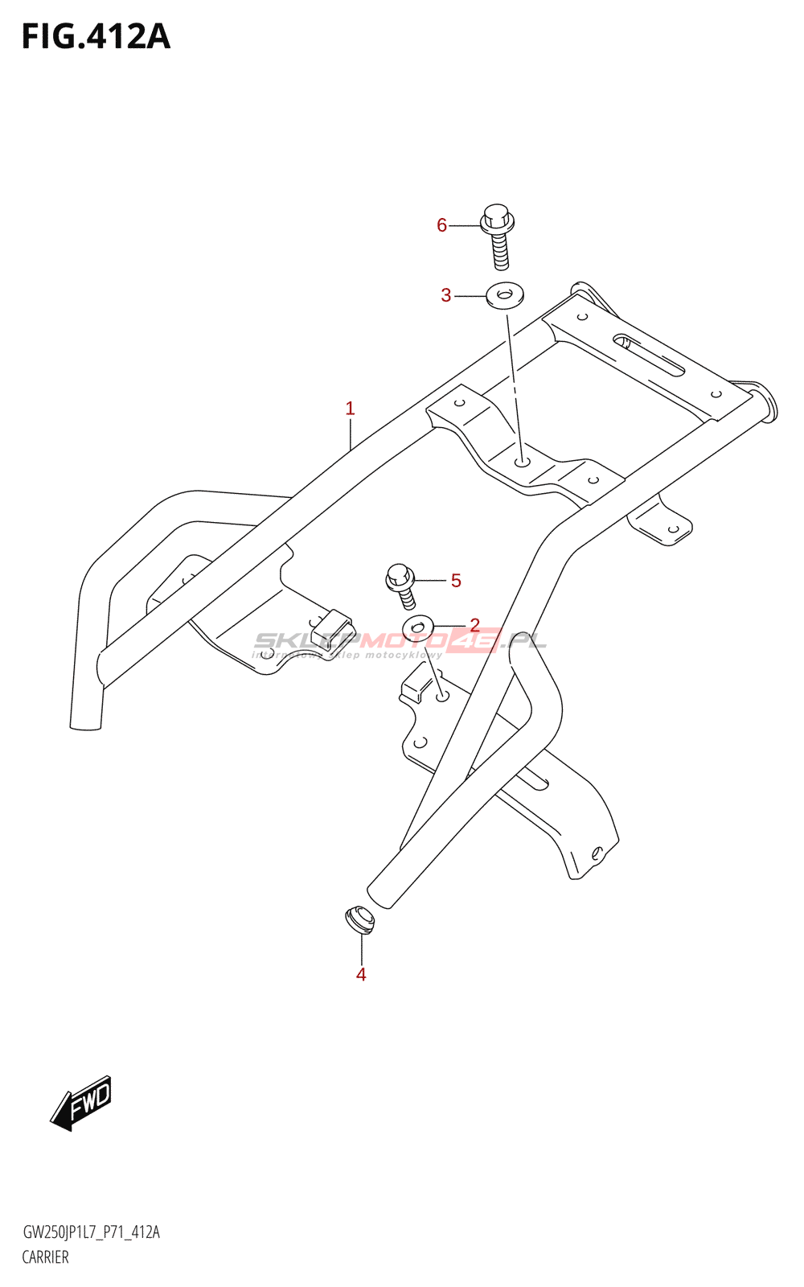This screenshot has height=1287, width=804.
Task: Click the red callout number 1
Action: coord(350,409)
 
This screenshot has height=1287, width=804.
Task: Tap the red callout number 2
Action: coord(474,625)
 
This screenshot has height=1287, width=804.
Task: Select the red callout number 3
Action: coord(446,295)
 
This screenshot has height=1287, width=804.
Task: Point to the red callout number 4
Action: coord(361,974)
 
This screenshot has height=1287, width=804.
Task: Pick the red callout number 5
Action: coord(456,580)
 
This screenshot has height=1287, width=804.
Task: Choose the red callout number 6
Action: coord(441,225)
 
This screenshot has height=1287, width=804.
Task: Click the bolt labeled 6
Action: coord(498,235)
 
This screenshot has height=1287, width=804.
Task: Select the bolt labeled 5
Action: coord(401,585)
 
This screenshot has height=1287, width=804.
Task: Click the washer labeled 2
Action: coord(418,627)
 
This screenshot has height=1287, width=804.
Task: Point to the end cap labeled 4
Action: coord(359,919)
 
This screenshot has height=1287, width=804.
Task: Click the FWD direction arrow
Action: coord(82,1104)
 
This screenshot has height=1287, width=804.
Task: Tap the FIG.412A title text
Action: coord(96,37)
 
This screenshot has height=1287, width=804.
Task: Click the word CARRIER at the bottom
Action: coord(46,1257)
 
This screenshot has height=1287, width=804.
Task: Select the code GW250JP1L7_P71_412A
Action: coord(91,1232)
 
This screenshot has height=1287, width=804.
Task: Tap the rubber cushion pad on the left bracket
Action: coord(332,627)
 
